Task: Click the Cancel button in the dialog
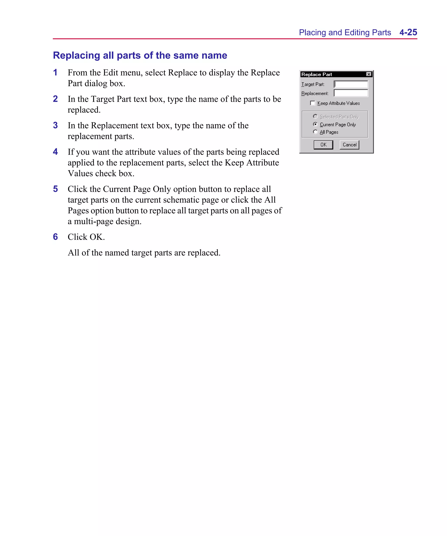(349, 145)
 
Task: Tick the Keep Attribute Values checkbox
(312, 103)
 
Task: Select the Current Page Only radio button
(315, 124)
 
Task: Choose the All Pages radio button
(315, 132)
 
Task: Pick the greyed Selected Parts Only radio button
(315, 116)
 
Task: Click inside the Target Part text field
(351, 84)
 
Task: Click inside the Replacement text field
(351, 93)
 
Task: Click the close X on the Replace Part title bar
(369, 74)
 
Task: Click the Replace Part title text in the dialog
(316, 74)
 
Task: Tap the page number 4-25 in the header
(408, 33)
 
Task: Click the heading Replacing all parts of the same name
(140, 55)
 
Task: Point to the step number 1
(55, 72)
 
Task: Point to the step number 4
(55, 152)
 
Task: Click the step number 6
(55, 237)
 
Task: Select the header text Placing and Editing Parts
(345, 33)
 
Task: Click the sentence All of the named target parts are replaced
(144, 253)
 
